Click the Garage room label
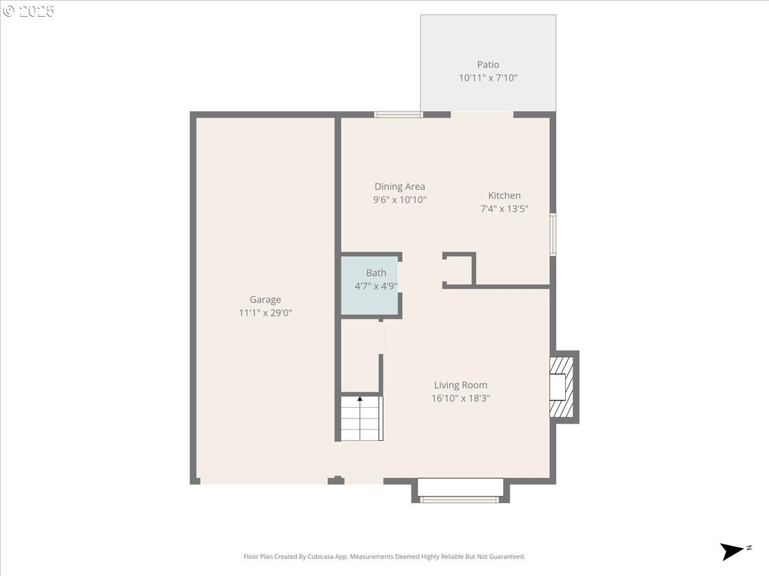tap(265, 300)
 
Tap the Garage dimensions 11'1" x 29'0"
tap(265, 313)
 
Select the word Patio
tap(488, 65)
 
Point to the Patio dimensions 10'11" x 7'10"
tap(488, 77)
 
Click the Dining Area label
tap(400, 187)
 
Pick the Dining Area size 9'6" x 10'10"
tap(400, 200)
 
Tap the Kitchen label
tap(504, 195)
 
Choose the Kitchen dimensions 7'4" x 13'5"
tap(504, 209)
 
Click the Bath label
tap(376, 273)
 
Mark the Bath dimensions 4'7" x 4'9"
tap(376, 286)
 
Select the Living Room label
tap(460, 385)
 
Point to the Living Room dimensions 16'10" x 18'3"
tap(460, 398)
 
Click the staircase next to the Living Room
tap(361, 419)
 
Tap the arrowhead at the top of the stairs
tap(360, 399)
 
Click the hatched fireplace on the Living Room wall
tap(561, 387)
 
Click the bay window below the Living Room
tap(460, 490)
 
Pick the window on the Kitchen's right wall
tap(553, 234)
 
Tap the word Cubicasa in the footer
tap(320, 556)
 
